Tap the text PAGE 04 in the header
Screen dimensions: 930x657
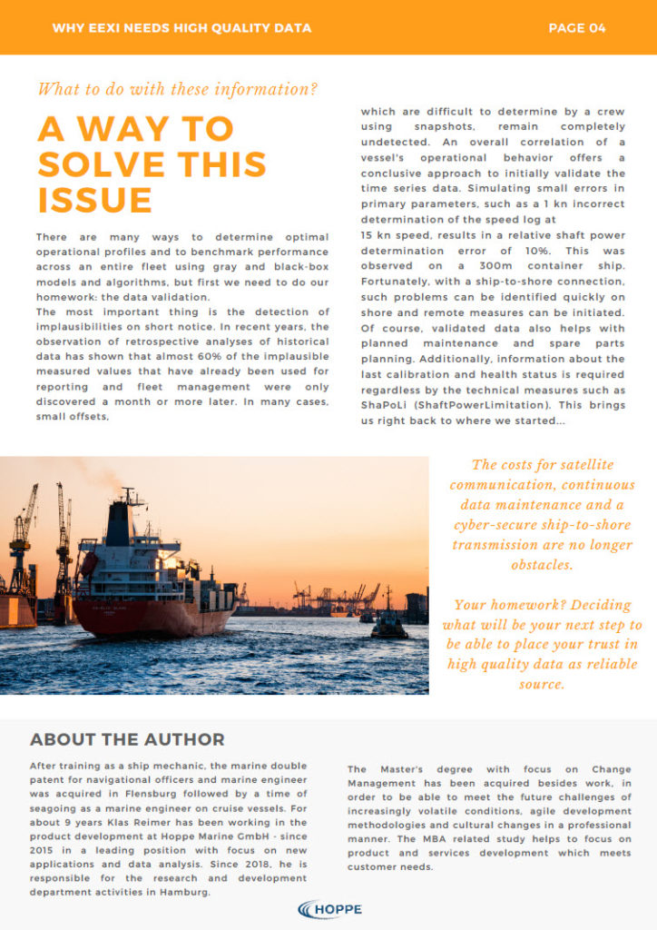coord(576,28)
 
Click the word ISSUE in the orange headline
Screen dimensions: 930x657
coord(94,200)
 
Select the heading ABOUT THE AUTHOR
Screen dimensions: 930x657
coord(127,739)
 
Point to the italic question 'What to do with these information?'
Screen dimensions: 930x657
coord(178,89)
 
